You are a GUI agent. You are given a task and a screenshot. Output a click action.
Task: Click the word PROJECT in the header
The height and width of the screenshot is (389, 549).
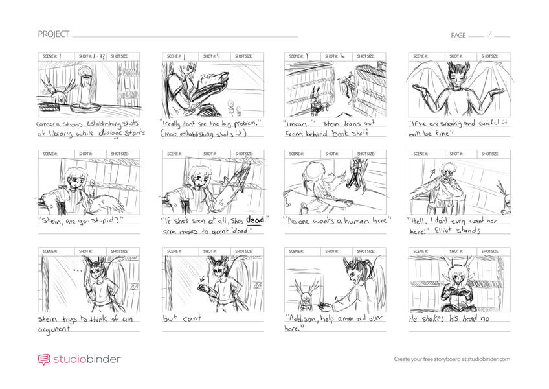51,34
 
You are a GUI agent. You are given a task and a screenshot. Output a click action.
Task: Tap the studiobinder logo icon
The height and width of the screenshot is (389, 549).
43,359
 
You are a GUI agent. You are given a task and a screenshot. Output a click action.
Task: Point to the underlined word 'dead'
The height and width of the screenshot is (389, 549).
255,220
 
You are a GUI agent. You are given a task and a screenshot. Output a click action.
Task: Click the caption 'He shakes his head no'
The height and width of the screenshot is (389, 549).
446,319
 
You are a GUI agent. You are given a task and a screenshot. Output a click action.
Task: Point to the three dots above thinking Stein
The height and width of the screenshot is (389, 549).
78,270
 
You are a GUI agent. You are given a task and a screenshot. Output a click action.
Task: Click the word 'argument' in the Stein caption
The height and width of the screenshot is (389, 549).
54,328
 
